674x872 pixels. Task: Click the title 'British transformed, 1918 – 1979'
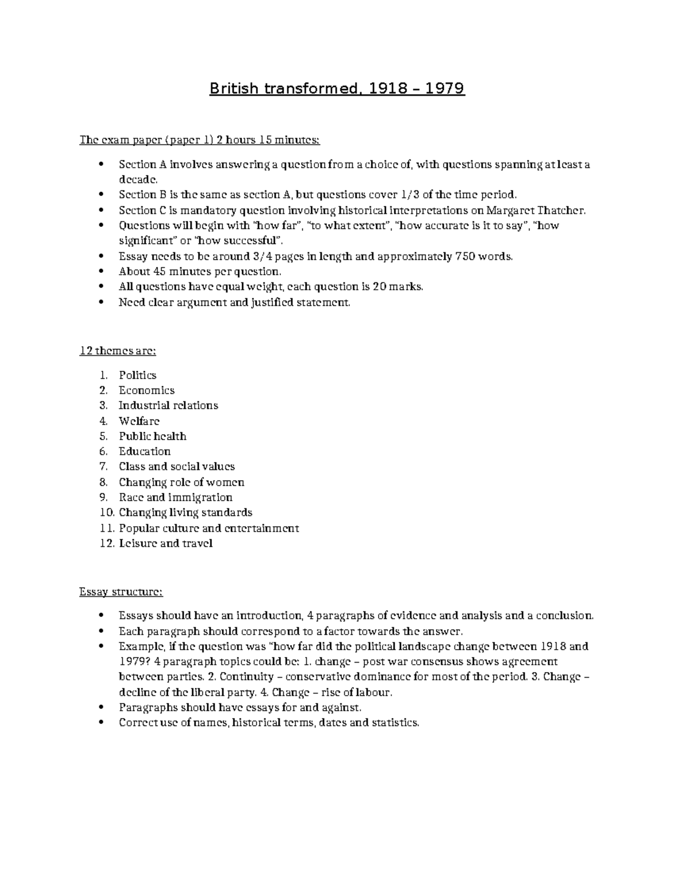tap(337, 89)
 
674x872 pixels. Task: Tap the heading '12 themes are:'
tap(118, 351)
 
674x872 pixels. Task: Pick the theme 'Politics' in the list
tap(138, 375)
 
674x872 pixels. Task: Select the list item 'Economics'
tap(147, 390)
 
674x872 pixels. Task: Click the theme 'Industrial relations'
tap(168, 405)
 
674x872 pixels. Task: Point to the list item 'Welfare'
tap(139, 421)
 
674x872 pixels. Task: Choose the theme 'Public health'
tap(152, 436)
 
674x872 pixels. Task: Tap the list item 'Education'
tap(144, 451)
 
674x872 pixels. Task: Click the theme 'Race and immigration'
tap(175, 497)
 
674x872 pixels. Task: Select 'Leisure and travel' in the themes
tap(166, 544)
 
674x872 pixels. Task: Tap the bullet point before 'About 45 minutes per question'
tap(101, 272)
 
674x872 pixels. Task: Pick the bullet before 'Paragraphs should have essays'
tap(101, 707)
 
